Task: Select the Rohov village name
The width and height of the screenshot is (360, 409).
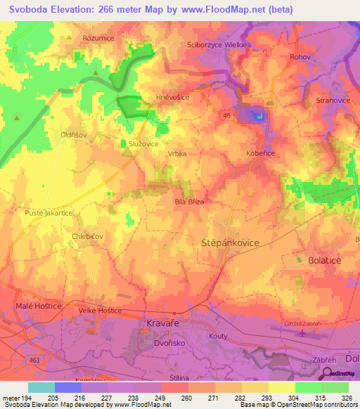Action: tap(300, 57)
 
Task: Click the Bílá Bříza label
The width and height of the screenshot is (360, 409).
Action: tap(189, 202)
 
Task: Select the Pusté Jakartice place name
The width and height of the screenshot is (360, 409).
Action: tap(49, 212)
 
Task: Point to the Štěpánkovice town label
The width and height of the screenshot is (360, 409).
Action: tap(226, 242)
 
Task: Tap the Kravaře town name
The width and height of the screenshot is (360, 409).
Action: tap(167, 323)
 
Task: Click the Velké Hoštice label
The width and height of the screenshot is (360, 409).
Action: tap(101, 310)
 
